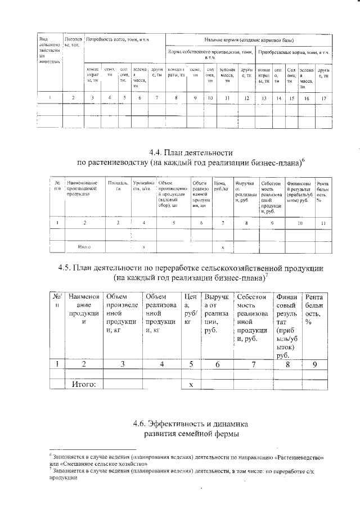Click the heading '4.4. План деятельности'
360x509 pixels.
(x=191, y=152)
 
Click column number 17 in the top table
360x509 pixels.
(x=323, y=98)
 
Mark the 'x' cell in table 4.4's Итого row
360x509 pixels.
(x=223, y=247)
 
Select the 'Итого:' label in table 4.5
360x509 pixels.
(x=83, y=384)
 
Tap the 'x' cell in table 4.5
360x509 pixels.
(x=191, y=384)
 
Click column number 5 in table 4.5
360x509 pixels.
(x=191, y=364)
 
